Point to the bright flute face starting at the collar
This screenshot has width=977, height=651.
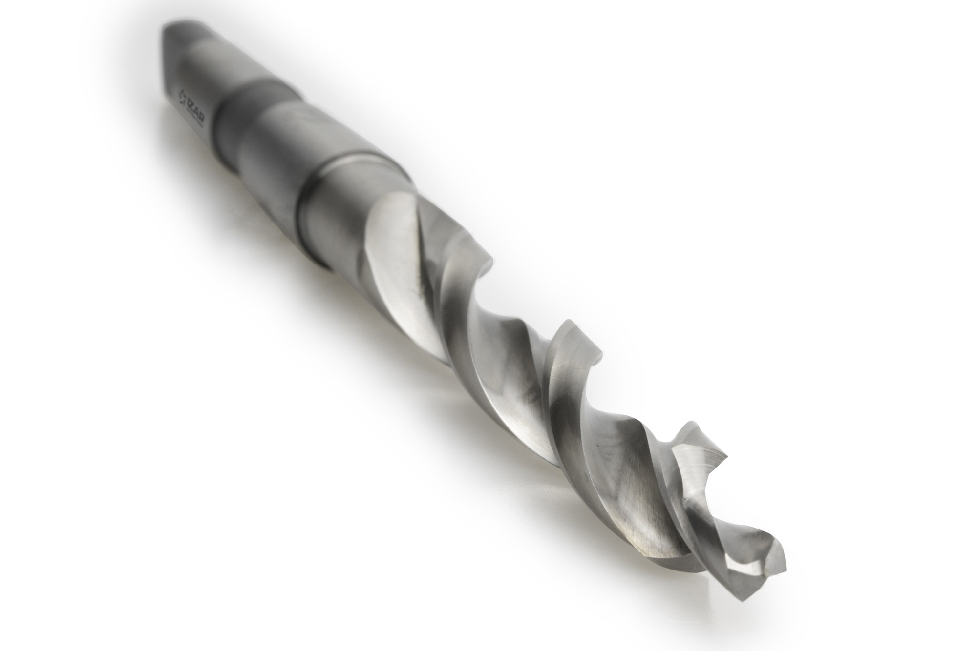point(396,254)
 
